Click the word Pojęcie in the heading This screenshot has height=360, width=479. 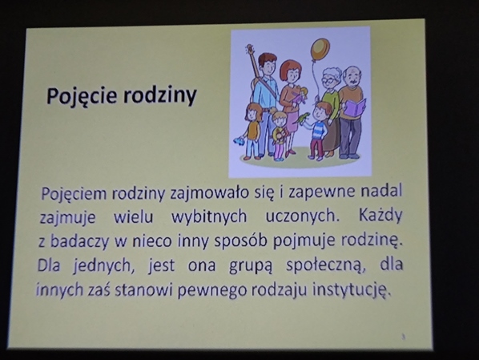pyautogui.click(x=82, y=96)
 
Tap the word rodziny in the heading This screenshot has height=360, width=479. pyautogui.click(x=159, y=96)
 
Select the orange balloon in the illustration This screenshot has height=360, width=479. pyautogui.click(x=320, y=50)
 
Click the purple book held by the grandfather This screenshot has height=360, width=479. pyautogui.click(x=356, y=108)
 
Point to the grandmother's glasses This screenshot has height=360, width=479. pyautogui.click(x=329, y=81)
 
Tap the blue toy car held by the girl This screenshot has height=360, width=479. pyautogui.click(x=239, y=141)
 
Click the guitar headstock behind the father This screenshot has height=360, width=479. pyautogui.click(x=250, y=49)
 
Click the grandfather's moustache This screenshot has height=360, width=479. pyautogui.click(x=353, y=81)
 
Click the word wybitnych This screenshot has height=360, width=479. pyautogui.click(x=209, y=216)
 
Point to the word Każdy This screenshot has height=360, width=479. pyautogui.click(x=380, y=216)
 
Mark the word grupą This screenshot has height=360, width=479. pyautogui.click(x=250, y=265)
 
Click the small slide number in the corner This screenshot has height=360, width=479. pyautogui.click(x=404, y=337)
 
